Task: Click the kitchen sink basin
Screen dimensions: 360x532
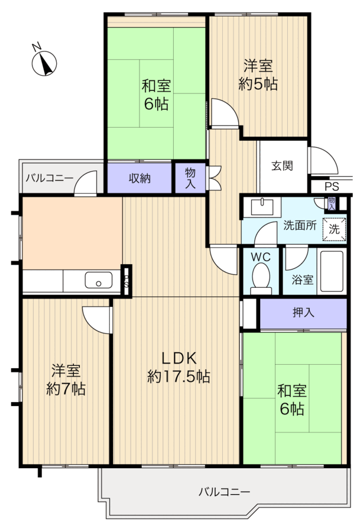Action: [x=98, y=280]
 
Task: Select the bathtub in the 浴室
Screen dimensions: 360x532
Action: [x=332, y=271]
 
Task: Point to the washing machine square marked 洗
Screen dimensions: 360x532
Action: [x=334, y=229]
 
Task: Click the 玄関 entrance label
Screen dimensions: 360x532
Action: [x=282, y=166]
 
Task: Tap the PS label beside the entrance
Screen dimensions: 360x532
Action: [x=332, y=187]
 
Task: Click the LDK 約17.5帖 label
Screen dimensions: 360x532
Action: [x=179, y=367]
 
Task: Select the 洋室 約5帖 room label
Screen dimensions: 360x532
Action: [x=258, y=74]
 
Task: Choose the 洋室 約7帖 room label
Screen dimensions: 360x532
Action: [x=66, y=379]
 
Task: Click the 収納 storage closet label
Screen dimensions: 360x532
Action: [x=140, y=179]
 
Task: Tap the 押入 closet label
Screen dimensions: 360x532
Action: [x=303, y=313]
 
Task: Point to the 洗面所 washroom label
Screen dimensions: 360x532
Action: [x=300, y=225]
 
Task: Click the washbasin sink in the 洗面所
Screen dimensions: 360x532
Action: [x=262, y=207]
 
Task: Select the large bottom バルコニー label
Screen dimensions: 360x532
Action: [x=224, y=492]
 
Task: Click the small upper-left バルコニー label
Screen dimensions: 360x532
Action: [x=50, y=178]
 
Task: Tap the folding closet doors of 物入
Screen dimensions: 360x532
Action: [x=214, y=178]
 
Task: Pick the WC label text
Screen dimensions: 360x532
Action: [x=261, y=257]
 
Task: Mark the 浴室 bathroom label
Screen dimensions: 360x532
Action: [x=302, y=280]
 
